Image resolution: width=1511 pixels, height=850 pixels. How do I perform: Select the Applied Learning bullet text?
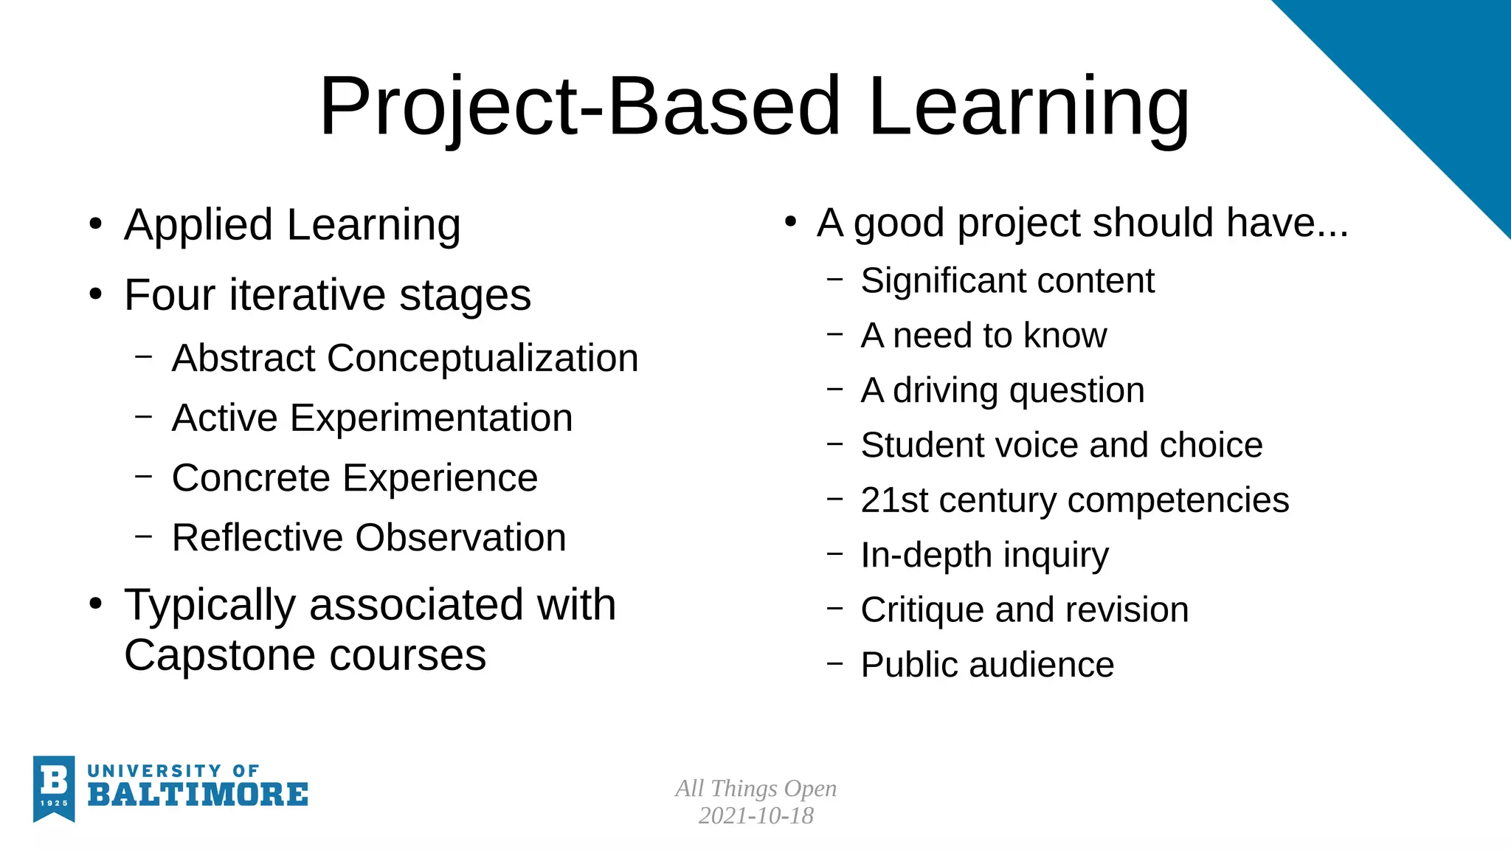tap(292, 224)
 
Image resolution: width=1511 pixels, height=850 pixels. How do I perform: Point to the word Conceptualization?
tap(483, 359)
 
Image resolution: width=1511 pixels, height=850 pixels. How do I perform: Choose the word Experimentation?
tap(431, 418)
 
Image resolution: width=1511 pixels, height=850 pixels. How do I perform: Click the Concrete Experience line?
tap(354, 478)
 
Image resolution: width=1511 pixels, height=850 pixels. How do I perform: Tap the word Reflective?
tap(256, 538)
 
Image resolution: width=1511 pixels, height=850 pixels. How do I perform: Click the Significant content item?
tap(1007, 281)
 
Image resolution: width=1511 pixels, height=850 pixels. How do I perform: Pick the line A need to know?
tap(983, 336)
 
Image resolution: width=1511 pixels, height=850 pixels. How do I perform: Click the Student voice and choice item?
tap(1062, 446)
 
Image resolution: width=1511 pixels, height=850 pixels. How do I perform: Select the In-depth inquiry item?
tap(984, 556)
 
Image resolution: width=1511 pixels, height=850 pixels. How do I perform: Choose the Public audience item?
tap(987, 665)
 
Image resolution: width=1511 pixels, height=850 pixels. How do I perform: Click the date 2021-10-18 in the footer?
tap(755, 816)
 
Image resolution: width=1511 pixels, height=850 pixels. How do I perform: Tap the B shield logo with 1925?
tap(54, 788)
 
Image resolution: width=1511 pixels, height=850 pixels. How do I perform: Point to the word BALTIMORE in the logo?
tap(198, 795)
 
